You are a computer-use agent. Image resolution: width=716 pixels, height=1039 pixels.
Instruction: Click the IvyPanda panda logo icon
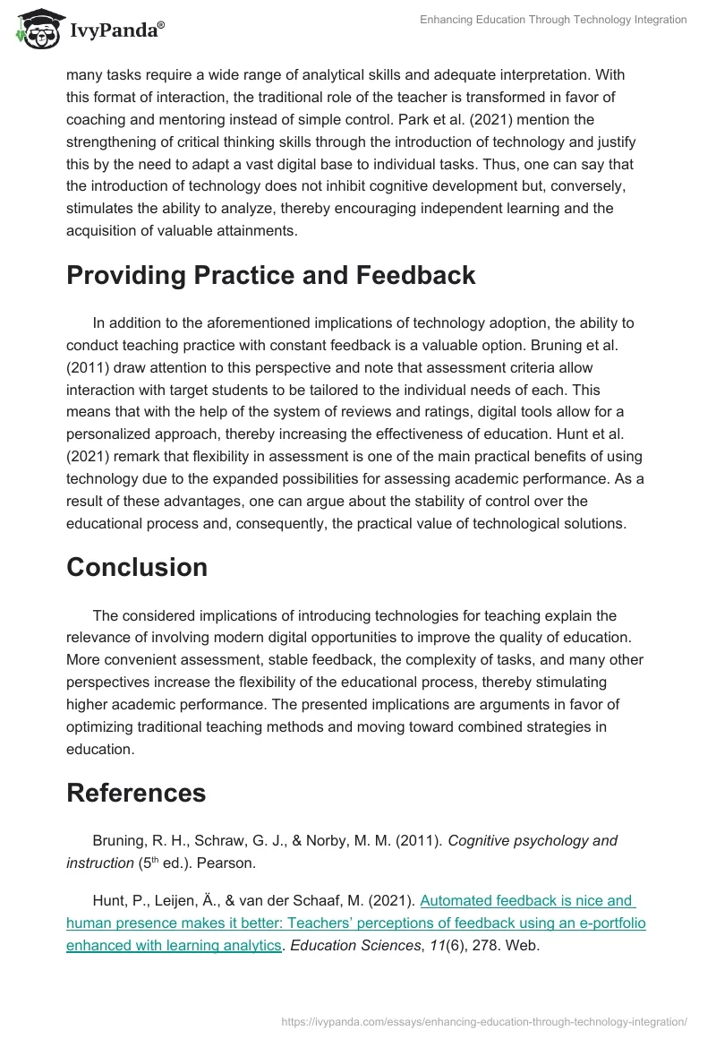[x=36, y=30]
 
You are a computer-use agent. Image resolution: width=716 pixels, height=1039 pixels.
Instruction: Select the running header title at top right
[x=553, y=20]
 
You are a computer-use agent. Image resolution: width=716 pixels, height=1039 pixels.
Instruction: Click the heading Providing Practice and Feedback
[x=270, y=276]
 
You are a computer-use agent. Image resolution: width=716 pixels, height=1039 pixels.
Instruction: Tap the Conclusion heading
[x=137, y=567]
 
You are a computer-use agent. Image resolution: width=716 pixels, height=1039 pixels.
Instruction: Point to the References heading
[x=136, y=793]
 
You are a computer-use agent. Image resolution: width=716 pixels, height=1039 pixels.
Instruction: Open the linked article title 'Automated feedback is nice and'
[x=525, y=900]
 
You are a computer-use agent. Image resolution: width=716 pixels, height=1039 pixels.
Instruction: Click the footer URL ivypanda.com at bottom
[x=484, y=1020]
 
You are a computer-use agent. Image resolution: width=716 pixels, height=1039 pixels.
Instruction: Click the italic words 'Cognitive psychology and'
[x=533, y=840]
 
